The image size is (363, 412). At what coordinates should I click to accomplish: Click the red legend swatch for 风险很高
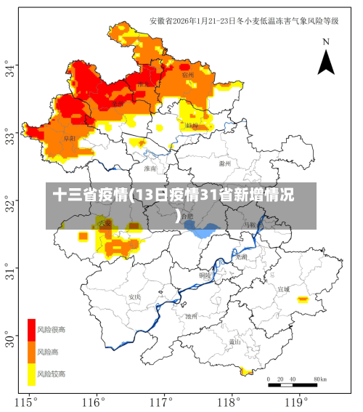(32, 330)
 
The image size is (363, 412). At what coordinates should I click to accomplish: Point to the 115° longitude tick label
(27, 401)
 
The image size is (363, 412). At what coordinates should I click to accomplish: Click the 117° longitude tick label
(162, 401)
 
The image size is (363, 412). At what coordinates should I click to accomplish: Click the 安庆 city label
(134, 296)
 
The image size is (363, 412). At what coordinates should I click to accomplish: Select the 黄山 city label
(234, 341)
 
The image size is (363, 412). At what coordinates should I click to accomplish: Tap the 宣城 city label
(283, 288)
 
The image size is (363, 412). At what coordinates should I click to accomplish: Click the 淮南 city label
(150, 169)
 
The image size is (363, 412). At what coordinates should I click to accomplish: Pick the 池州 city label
(192, 316)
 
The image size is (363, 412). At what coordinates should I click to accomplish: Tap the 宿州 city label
(187, 75)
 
